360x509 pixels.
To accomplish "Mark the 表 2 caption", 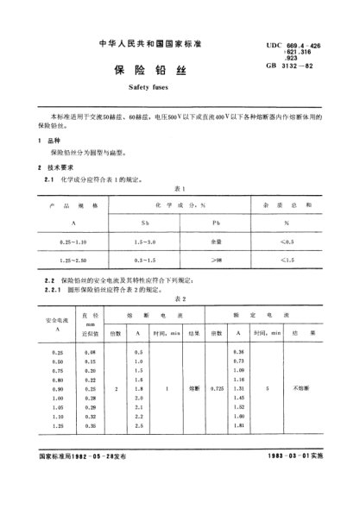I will [x=180, y=298].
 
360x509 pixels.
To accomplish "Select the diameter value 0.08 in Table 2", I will [x=89, y=354].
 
